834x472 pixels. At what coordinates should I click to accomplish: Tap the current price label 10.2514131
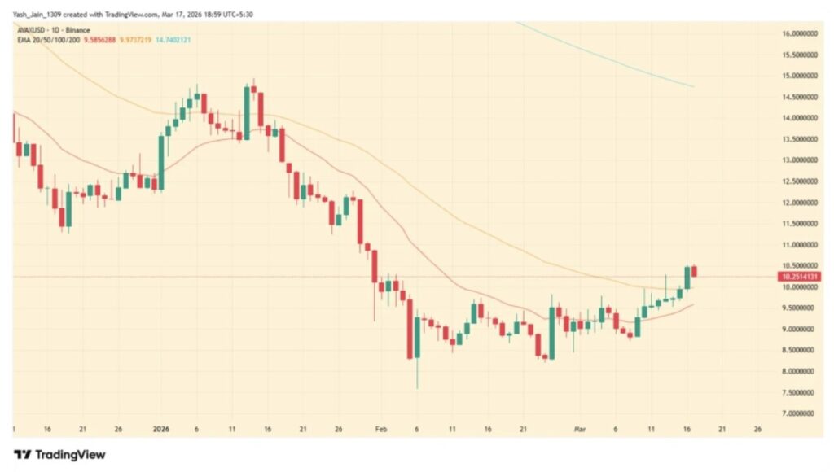click(799, 277)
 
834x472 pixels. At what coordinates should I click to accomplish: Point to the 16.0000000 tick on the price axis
click(799, 33)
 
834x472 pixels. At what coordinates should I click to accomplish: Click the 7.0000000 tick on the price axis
click(799, 413)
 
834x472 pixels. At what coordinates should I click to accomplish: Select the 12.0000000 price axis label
click(799, 203)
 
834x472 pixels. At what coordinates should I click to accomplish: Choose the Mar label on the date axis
click(581, 428)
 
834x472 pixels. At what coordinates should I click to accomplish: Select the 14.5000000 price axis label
click(799, 97)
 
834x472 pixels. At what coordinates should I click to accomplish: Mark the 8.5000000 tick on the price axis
click(799, 350)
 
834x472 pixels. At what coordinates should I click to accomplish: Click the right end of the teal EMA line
click(692, 85)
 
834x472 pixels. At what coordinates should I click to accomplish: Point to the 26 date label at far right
click(757, 428)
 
